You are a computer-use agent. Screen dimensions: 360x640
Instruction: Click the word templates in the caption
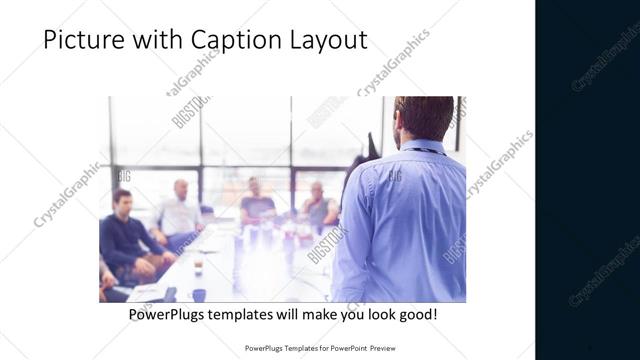[253, 315]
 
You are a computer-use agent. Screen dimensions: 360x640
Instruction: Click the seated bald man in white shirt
[180, 212]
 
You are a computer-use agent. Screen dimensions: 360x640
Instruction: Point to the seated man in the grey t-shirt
[256, 203]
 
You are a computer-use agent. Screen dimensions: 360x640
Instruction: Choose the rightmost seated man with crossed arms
[318, 205]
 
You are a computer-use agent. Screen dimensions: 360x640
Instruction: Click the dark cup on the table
[198, 294]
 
